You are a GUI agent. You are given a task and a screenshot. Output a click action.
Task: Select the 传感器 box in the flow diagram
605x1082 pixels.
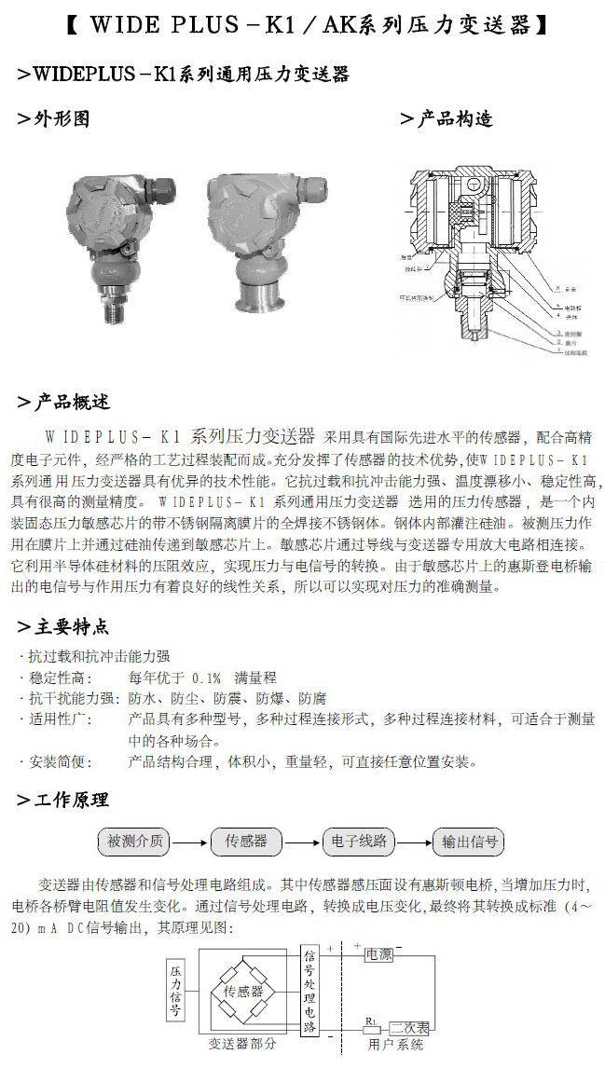click(x=246, y=842)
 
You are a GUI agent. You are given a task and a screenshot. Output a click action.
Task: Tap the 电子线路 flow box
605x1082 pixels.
click(x=359, y=842)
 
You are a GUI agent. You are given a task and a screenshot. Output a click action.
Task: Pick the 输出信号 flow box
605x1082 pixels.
click(x=470, y=842)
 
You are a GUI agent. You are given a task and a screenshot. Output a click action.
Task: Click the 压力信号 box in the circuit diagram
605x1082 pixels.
click(x=175, y=992)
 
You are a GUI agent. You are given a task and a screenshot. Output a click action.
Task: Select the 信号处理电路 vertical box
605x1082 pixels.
click(x=309, y=992)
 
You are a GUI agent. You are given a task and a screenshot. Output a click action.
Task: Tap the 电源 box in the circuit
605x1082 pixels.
click(x=378, y=954)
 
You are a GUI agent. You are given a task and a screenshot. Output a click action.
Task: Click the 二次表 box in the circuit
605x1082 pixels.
click(x=409, y=1028)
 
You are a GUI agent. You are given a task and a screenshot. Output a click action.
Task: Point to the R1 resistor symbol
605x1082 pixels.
click(x=371, y=1029)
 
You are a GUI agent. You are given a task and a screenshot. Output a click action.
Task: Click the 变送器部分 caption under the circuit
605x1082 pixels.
click(x=242, y=1045)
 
